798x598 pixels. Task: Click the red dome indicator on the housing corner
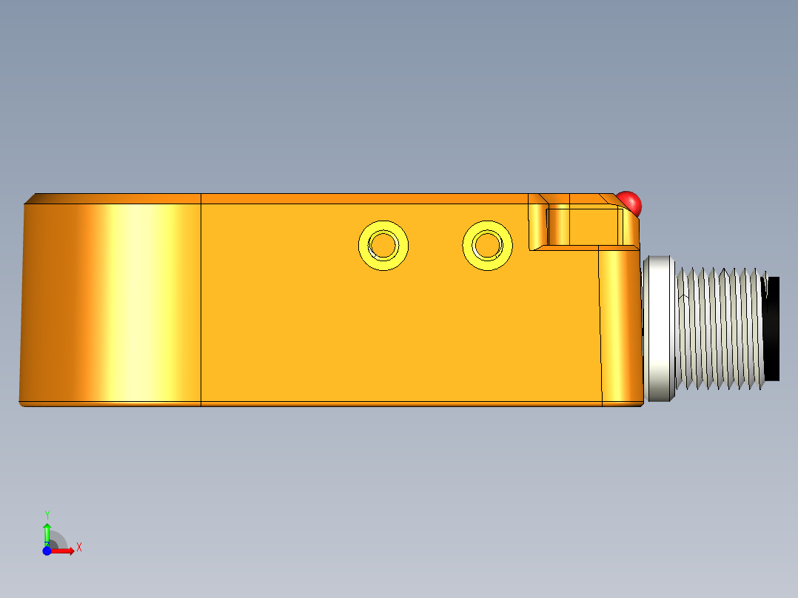630,202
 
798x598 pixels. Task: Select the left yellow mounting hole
383,244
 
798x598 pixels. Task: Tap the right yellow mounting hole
488,244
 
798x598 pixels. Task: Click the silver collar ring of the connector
659,328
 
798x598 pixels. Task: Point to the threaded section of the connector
718,328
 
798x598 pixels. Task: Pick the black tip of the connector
772,328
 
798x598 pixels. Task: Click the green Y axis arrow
47,531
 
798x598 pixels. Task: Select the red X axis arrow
64,551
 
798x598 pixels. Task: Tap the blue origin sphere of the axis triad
47,551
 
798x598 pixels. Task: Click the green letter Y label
47,514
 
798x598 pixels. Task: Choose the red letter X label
78,548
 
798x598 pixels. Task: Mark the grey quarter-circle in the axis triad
57,540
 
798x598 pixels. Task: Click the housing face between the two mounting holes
435,245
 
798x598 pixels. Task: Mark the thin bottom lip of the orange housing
333,404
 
